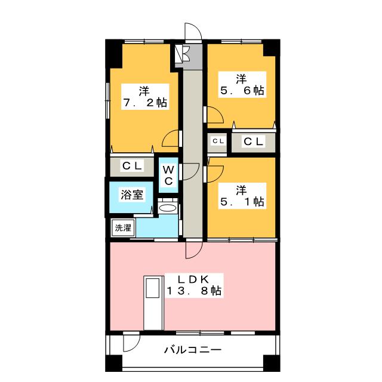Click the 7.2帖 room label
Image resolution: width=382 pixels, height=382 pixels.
click(145, 97)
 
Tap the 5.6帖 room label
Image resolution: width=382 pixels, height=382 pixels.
click(242, 85)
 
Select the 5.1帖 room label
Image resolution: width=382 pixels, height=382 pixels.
click(242, 196)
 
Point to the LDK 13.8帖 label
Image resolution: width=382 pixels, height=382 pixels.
click(194, 285)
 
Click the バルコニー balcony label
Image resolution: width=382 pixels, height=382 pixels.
click(193, 350)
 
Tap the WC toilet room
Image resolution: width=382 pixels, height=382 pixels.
click(168, 175)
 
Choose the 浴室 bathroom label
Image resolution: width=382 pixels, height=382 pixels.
click(132, 194)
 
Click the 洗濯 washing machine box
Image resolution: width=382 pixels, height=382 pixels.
click(124, 228)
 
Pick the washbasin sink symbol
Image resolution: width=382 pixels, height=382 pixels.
click(167, 208)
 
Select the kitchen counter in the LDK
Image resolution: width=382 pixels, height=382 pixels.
click(153, 303)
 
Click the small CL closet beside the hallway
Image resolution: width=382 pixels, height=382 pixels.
click(218, 141)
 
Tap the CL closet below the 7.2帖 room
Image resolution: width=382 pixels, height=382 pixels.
click(132, 166)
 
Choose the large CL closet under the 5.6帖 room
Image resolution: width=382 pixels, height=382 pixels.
click(253, 141)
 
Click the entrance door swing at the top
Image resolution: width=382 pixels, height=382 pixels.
click(193, 32)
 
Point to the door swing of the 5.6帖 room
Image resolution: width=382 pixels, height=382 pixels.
click(215, 115)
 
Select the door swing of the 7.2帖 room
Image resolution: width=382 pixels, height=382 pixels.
click(171, 138)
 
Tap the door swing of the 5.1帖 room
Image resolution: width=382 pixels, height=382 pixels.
click(215, 174)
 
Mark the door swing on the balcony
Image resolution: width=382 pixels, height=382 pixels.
click(131, 343)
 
